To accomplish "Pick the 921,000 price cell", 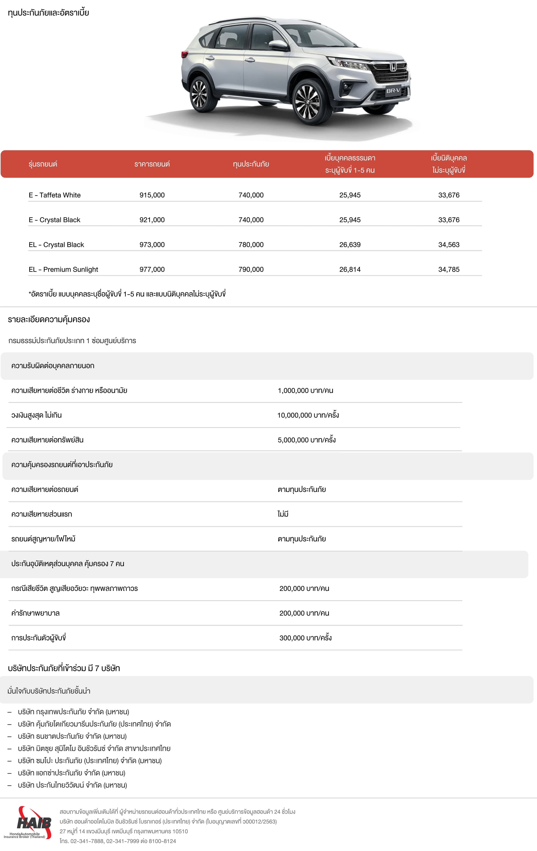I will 152,220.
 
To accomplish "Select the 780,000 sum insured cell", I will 251,245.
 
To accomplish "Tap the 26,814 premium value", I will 350,269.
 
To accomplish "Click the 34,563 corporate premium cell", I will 449,245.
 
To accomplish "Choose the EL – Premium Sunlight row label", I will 63,269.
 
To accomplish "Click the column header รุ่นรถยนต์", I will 43,164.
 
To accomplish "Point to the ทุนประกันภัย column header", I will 251,164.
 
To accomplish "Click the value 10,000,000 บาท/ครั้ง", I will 308,415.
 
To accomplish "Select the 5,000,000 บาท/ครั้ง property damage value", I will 306,440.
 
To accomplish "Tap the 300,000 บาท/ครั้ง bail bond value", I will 305,638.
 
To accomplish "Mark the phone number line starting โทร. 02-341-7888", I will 118,841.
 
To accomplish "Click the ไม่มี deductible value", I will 283,514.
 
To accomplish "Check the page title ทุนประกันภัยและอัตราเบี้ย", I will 48,13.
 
